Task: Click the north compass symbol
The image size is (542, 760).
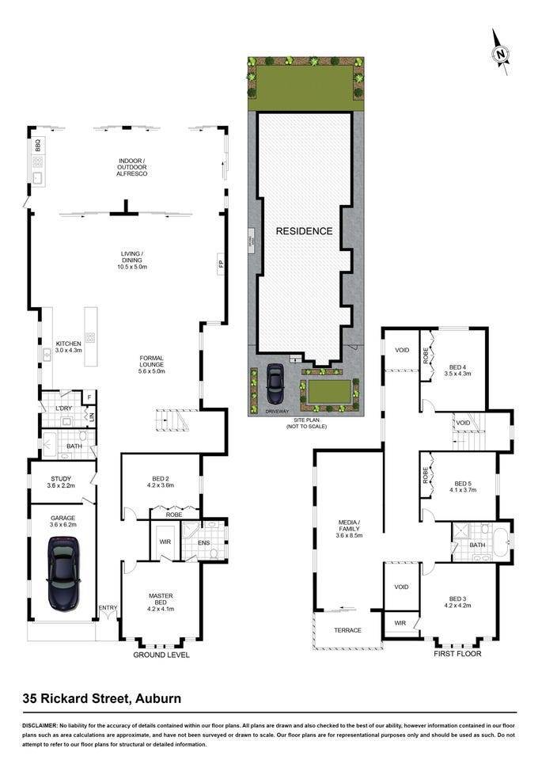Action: [500, 53]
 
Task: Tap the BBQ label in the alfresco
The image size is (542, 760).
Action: [37, 146]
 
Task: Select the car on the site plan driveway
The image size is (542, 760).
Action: [276, 384]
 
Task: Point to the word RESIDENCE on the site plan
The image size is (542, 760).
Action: [304, 231]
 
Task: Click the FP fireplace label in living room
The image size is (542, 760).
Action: [220, 264]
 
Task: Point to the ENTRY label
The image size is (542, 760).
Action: [107, 608]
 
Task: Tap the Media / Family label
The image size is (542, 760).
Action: [349, 527]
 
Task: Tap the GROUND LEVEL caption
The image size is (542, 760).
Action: [161, 655]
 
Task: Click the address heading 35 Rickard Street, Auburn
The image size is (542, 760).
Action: [101, 698]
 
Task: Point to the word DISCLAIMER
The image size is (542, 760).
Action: [38, 725]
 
